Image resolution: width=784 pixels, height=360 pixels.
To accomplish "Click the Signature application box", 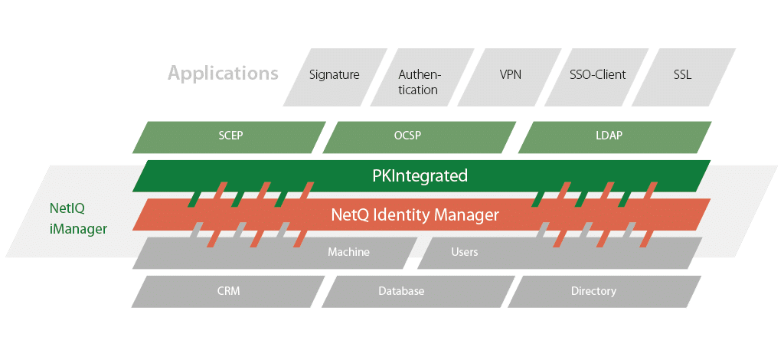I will (335, 75).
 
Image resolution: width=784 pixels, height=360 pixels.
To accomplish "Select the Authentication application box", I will (419, 82).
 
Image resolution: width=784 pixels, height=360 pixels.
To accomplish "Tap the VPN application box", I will (510, 75).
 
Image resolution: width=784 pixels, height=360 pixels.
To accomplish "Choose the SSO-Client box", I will (598, 75).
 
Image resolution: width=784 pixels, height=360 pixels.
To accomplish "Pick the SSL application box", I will (682, 75).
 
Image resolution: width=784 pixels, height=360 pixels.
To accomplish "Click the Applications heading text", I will (223, 74).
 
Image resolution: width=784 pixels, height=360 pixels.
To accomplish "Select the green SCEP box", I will (231, 136).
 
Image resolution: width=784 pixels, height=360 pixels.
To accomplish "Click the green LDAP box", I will (609, 136).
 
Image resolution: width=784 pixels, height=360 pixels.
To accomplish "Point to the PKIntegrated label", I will (420, 175).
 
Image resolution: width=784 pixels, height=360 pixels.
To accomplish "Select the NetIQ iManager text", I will (78, 218).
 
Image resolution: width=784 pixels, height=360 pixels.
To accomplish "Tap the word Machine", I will (349, 252).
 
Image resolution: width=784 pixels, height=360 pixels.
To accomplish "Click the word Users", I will (465, 252).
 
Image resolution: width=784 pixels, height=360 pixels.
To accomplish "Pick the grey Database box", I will (401, 291).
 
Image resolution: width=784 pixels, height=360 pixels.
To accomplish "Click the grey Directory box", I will (593, 291).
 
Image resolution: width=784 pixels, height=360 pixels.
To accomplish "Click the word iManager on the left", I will (78, 228).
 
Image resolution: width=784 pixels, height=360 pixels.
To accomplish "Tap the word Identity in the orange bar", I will (403, 214).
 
